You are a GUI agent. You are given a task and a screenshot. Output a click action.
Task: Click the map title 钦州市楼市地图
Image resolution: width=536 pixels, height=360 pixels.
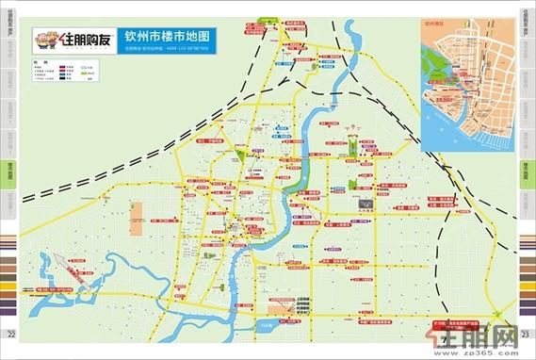coord(167,37)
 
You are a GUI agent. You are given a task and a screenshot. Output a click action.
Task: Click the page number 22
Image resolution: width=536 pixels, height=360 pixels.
coord(10,335)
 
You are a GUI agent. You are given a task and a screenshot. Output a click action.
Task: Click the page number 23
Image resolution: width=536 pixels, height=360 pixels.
coord(525,335)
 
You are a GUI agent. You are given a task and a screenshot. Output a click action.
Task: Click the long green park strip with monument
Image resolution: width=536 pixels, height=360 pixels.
coord(349,145)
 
